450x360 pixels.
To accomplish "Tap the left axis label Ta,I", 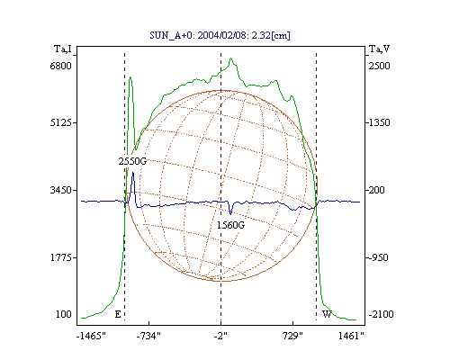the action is coord(63,49).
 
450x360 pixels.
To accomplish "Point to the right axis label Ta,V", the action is coord(379,49).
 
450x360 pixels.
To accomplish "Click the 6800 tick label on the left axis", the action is coord(60,66).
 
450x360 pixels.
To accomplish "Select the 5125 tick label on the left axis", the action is coord(60,122).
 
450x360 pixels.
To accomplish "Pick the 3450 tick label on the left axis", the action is coord(60,190).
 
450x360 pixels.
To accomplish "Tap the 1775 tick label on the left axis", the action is coord(60,257).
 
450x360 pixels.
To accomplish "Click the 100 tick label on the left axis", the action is coord(64,314).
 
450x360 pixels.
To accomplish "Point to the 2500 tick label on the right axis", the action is coord(379,66).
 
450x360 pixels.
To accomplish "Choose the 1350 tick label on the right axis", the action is coord(379,122).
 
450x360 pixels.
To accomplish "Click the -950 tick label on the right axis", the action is coord(378,257).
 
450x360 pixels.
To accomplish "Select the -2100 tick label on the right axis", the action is coord(381,314).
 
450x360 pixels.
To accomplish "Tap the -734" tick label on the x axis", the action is coord(148,336).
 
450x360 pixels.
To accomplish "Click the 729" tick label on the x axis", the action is coord(292,336).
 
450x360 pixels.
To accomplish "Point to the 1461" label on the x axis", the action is coord(351,336).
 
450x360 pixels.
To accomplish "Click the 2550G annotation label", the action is coord(132,161).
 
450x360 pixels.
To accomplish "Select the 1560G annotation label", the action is coord(230,225).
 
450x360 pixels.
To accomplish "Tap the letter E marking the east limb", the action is coord(118,314).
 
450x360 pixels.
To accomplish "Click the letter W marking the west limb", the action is coord(327,314).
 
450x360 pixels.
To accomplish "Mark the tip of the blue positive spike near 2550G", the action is coord(133,172).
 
